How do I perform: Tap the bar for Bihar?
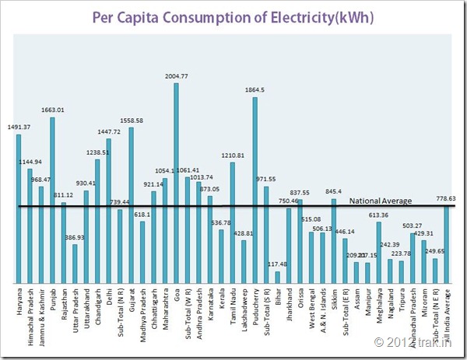coord(277,277)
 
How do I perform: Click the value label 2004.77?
coord(176,76)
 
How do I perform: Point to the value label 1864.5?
coord(255,90)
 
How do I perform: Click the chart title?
coord(233,16)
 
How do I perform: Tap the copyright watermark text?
coord(413,341)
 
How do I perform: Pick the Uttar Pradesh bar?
coord(75,264)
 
